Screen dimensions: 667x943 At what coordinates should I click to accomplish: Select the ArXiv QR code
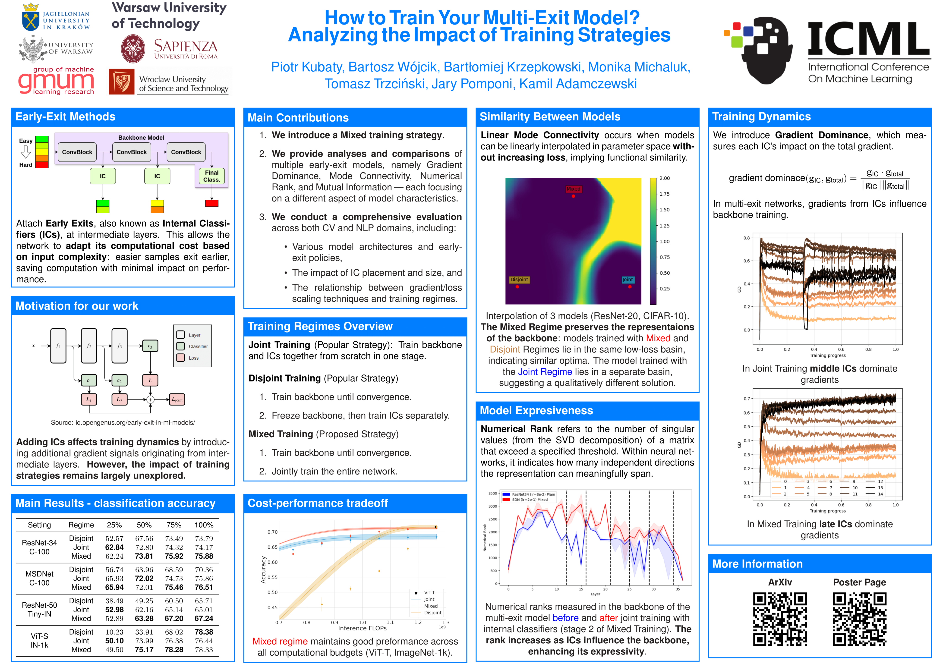point(779,619)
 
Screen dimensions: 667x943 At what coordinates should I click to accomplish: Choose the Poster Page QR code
point(859,619)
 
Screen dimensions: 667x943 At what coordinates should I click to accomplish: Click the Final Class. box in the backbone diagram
point(211,176)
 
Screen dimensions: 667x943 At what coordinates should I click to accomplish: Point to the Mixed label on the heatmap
point(573,189)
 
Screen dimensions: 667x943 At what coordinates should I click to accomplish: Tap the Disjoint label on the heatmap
point(519,280)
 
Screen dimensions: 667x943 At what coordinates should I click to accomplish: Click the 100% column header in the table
point(204,525)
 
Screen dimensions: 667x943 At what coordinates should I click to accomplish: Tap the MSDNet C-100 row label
point(39,578)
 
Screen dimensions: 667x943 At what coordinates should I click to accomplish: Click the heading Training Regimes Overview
point(320,327)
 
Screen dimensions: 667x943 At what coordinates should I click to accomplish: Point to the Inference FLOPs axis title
point(362,628)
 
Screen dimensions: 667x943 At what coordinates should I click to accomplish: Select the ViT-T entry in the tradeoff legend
point(429,593)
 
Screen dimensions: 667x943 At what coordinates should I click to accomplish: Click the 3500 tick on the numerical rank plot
point(492,493)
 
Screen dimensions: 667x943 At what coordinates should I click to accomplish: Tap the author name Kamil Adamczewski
point(578,84)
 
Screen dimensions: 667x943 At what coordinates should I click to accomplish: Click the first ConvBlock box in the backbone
point(77,152)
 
